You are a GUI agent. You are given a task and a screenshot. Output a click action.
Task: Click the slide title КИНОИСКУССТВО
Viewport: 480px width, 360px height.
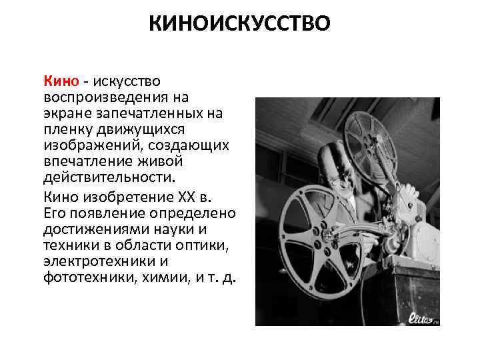click(x=240, y=25)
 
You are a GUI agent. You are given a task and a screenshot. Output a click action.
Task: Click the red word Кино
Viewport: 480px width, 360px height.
click(x=62, y=81)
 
